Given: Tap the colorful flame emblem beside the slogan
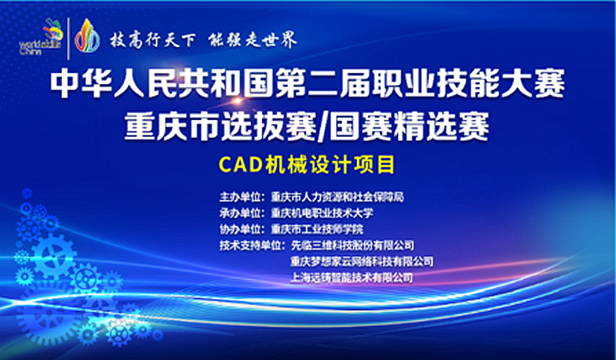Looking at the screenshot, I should (x=87, y=36).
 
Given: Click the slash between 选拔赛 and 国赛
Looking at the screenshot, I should (x=323, y=128).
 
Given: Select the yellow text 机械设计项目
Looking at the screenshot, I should (x=330, y=165).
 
